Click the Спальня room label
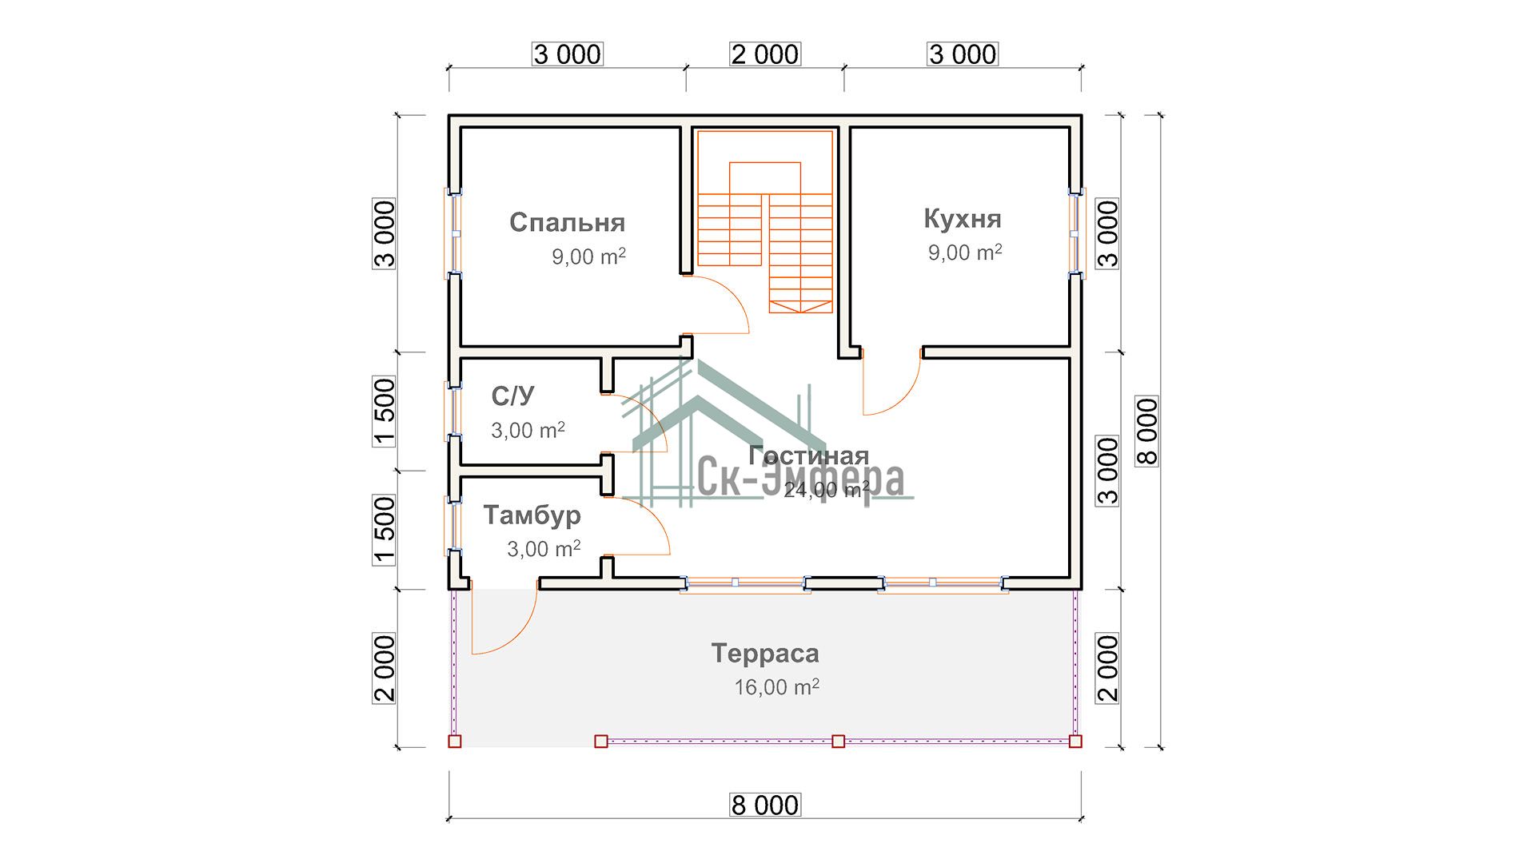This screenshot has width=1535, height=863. click(567, 222)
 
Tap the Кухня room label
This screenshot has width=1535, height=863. click(962, 218)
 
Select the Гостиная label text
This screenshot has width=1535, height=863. click(808, 455)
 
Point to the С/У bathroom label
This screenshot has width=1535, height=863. click(512, 396)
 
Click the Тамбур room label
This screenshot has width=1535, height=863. click(532, 515)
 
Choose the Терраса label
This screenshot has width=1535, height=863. click(765, 654)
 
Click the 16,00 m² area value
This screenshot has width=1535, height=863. click(776, 686)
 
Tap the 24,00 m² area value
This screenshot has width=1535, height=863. click(826, 489)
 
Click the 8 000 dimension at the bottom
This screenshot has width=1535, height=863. click(765, 805)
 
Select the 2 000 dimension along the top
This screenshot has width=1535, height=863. click(765, 54)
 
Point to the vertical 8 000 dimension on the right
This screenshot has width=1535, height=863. click(1147, 431)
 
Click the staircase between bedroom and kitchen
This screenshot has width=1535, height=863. click(765, 221)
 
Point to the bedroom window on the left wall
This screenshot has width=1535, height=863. click(453, 233)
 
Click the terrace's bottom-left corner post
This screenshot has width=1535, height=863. click(454, 742)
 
